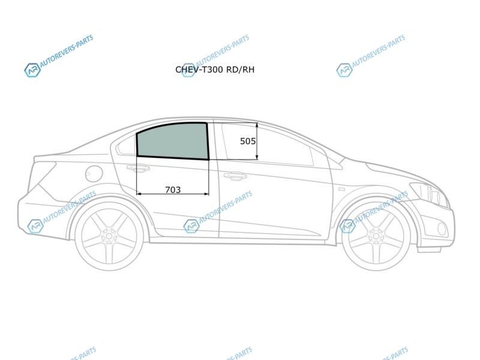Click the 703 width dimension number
(173, 190)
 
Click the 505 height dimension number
(248, 141)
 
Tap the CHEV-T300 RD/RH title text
(215, 70)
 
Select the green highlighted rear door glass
(172, 141)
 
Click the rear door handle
(139, 168)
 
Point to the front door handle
(235, 176)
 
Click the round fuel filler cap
(94, 174)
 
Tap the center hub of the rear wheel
(109, 236)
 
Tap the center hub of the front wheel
(376, 236)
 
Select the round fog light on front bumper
(442, 229)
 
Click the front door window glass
(267, 144)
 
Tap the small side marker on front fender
(341, 190)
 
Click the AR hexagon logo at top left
(32, 70)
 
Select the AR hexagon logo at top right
(344, 70)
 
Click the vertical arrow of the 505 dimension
(257, 141)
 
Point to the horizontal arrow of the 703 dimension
(173, 194)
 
